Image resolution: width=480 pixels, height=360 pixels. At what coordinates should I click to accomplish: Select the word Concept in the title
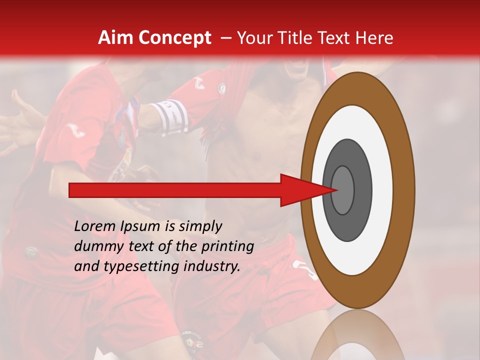coord(174,38)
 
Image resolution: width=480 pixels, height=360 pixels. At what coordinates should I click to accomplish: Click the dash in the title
coord(225,38)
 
